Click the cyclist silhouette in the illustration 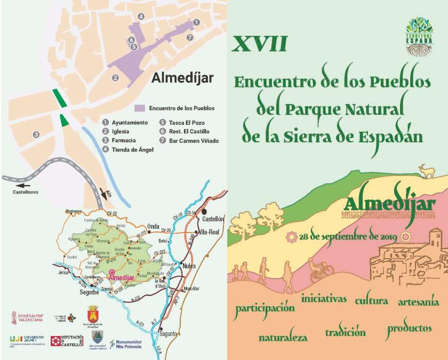(320, 268)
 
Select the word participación (265, 308)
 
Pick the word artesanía (418, 302)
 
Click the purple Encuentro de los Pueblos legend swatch (140, 108)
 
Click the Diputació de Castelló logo (67, 341)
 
